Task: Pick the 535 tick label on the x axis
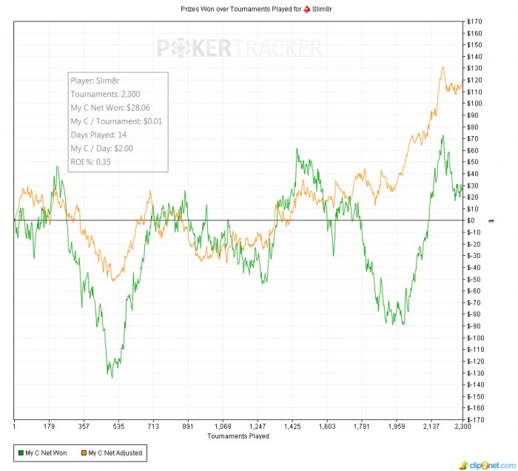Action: [118, 427]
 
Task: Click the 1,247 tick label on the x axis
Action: [258, 427]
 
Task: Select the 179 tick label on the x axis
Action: [49, 427]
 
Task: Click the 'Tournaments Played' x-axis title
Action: [238, 436]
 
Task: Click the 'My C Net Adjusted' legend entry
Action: [111, 453]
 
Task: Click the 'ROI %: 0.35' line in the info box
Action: [91, 161]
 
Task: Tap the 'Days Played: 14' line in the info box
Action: [98, 135]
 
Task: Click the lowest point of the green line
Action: [112, 377]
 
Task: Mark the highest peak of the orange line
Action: [443, 68]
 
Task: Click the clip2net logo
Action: [485, 464]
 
